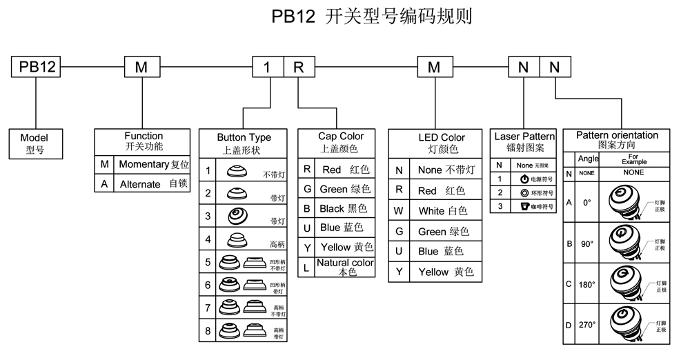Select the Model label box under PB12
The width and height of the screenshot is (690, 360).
pyautogui.click(x=34, y=143)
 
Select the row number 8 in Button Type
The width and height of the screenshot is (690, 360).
pyautogui.click(x=208, y=332)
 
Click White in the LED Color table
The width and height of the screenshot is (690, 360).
pyautogui.click(x=433, y=210)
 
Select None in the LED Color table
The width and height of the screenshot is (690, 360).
pyautogui.click(x=433, y=170)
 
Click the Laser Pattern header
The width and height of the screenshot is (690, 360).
pyautogui.click(x=524, y=142)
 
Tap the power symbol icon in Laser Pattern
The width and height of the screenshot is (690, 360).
pyautogui.click(x=524, y=179)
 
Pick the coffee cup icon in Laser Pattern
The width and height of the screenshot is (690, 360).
pyautogui.click(x=524, y=206)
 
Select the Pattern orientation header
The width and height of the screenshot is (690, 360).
pyautogui.click(x=617, y=140)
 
